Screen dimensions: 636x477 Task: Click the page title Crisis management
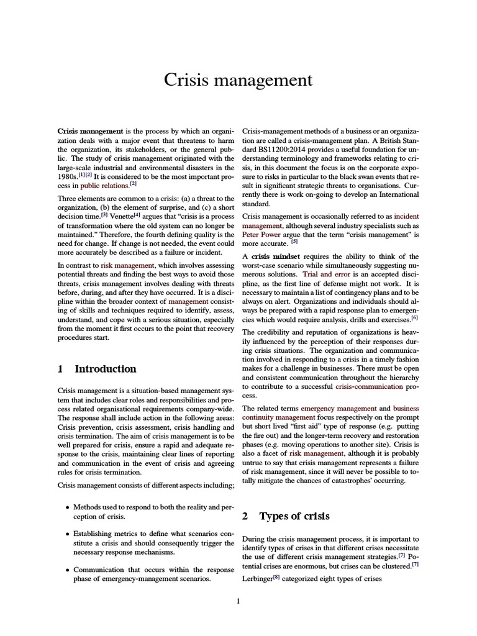click(x=238, y=80)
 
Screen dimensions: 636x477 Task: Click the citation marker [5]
click(x=286, y=242)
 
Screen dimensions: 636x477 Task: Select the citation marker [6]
click(x=414, y=317)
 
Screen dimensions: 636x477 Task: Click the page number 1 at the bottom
click(x=238, y=600)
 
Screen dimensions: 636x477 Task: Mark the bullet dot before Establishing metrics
click(x=68, y=534)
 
